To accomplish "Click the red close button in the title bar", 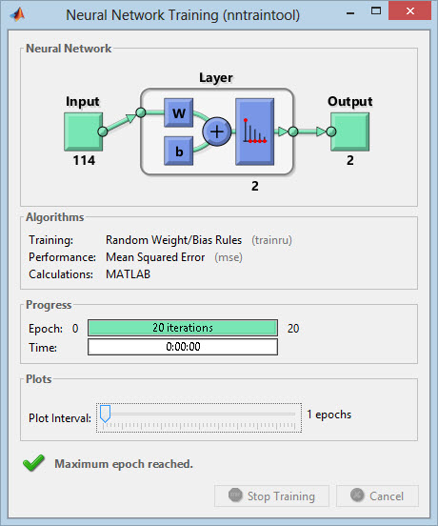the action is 409,10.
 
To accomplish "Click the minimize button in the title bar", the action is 350,13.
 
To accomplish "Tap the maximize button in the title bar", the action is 376,10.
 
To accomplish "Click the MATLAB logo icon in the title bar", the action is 18,14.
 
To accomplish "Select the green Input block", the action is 84,131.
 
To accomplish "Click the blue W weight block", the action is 179,112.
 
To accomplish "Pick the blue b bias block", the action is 179,151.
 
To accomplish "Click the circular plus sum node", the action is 217,131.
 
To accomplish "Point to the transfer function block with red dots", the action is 254,131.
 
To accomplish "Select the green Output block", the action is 349,131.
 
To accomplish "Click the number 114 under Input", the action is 84,160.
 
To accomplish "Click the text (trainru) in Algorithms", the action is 271,240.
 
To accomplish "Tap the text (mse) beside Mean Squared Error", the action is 229,257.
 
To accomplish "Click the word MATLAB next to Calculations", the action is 128,274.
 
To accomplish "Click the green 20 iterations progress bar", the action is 183,328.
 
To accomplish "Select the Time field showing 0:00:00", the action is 183,347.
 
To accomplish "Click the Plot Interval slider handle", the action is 106,414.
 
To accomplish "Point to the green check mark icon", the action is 33,463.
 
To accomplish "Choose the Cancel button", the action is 377,496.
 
